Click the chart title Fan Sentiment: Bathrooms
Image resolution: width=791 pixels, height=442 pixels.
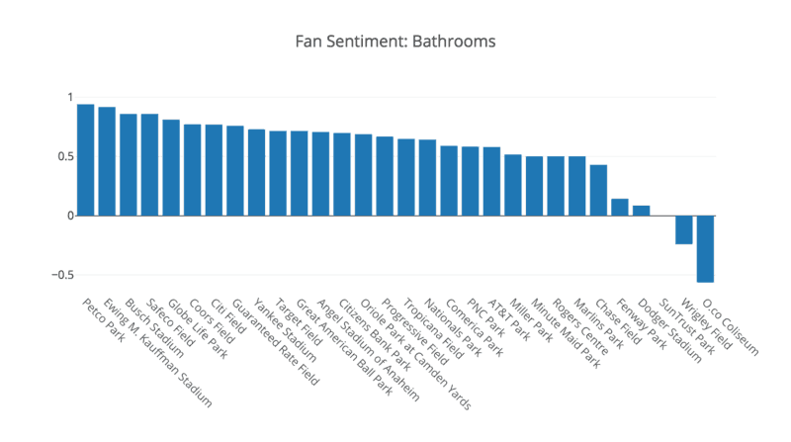(x=395, y=43)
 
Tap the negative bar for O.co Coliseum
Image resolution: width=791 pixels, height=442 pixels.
(x=705, y=248)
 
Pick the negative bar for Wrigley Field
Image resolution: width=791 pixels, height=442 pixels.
(x=684, y=229)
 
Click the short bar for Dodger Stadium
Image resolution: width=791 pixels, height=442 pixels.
(x=642, y=211)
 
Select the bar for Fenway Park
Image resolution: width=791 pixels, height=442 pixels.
(x=620, y=207)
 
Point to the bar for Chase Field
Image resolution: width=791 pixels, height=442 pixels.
(x=598, y=190)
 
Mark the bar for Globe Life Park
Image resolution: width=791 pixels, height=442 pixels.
(x=171, y=167)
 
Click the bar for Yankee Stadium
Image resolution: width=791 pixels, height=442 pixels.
(x=256, y=172)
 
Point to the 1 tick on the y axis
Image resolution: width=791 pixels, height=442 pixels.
(x=70, y=97)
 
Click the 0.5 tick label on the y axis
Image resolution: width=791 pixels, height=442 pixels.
(x=64, y=156)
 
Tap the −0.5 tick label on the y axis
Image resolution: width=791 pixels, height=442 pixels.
(x=60, y=275)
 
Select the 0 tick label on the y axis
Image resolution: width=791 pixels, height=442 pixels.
(x=70, y=216)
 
